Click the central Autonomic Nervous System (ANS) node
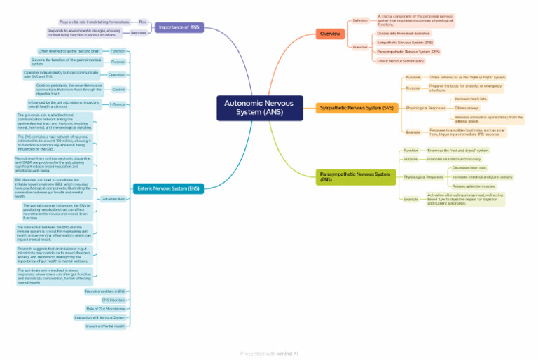click(x=259, y=108)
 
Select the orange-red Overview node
click(x=330, y=34)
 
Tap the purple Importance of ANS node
click(x=179, y=27)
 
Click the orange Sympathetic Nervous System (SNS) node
click(x=356, y=108)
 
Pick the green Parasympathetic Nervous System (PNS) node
click(x=355, y=176)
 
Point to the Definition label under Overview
click(x=361, y=20)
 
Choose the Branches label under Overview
click(x=360, y=47)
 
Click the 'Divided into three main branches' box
click(x=403, y=33)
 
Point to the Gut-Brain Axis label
click(x=113, y=199)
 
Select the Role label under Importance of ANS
click(x=143, y=22)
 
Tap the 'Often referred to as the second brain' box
click(x=70, y=51)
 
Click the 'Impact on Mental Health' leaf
click(x=106, y=326)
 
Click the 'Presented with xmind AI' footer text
click(x=269, y=354)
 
